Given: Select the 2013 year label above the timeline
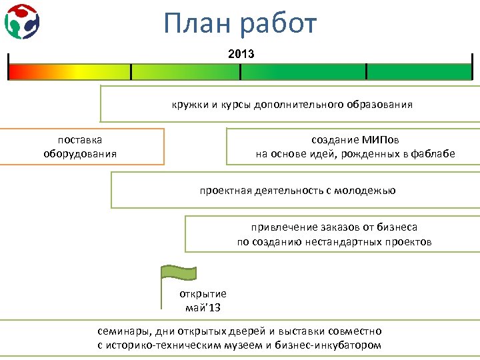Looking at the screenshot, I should (241, 53).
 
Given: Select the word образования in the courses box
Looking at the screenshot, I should (379, 105).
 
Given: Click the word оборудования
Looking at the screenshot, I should (80, 154).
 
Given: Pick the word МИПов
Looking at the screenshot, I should (381, 140).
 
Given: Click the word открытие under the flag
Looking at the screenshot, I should (203, 293).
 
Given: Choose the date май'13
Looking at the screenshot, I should (203, 307).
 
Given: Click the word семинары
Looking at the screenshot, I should (124, 331).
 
